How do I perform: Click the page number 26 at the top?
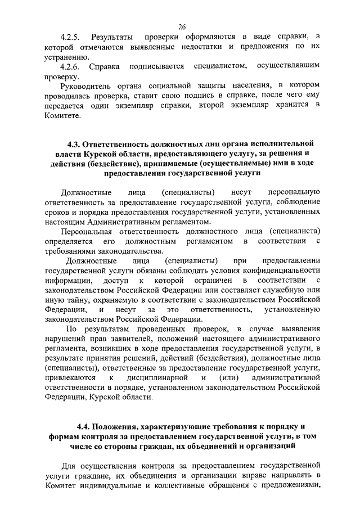coord(182,26)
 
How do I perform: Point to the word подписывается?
coord(157,67)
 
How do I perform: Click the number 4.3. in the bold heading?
coord(75,142)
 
